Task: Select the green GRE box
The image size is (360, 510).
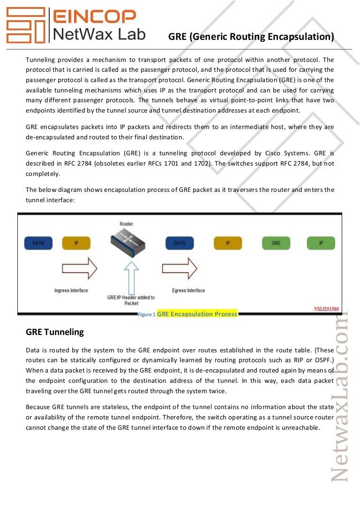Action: [x=276, y=243]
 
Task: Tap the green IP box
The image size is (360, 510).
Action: [x=321, y=243]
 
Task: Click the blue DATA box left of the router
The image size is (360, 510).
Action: [x=38, y=243]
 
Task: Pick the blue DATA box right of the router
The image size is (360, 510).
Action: [x=180, y=243]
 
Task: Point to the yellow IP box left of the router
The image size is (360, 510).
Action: [x=77, y=243]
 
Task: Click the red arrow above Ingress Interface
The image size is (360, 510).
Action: [x=79, y=268]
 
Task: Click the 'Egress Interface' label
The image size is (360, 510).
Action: [x=188, y=290]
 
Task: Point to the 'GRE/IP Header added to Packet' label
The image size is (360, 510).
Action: [x=131, y=300]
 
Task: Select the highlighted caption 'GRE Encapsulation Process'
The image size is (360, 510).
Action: [x=197, y=314]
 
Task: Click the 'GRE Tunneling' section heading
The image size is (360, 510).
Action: [x=55, y=332]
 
